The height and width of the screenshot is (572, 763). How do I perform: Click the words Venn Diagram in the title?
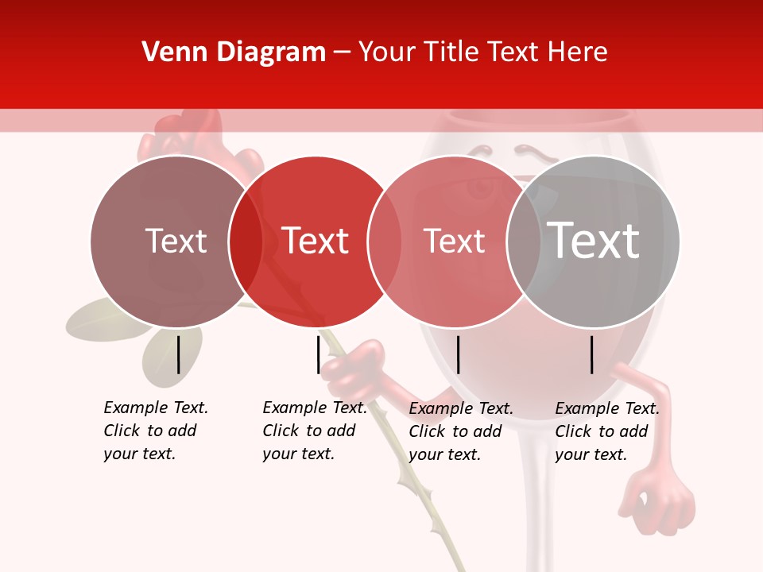click(234, 52)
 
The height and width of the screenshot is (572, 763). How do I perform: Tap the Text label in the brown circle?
click(176, 241)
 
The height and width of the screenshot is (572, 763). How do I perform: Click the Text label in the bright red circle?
click(315, 241)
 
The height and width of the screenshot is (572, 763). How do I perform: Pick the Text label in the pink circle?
click(454, 241)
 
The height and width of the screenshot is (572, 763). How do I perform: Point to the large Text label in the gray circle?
click(594, 240)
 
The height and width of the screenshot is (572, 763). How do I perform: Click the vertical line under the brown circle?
click(178, 354)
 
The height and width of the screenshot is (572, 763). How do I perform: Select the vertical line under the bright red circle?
click(318, 354)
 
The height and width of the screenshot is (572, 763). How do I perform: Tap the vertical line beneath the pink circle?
click(458, 354)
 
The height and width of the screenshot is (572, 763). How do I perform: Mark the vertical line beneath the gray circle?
click(592, 354)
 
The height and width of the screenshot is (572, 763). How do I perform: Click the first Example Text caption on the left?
click(156, 431)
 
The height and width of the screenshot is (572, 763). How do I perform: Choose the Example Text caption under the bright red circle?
click(315, 431)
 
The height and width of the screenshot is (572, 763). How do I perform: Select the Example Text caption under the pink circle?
click(461, 431)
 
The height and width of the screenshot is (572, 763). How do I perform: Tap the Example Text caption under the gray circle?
click(607, 431)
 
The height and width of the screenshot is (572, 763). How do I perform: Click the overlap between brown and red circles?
click(246, 241)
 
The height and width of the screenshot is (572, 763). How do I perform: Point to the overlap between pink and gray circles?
click(524, 241)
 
